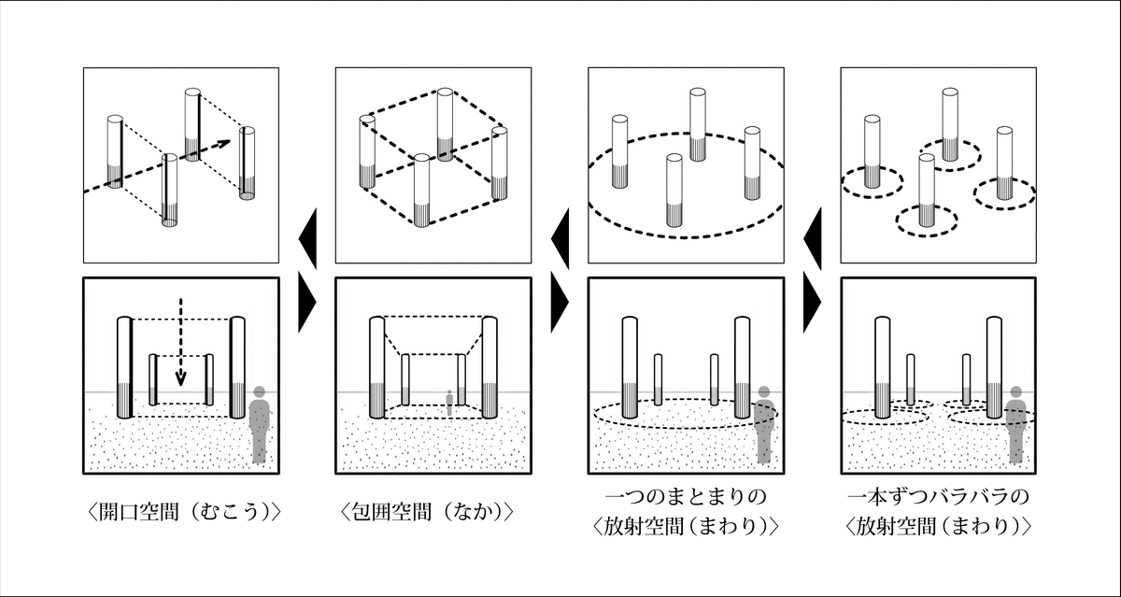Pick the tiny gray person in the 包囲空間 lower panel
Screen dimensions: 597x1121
click(x=449, y=403)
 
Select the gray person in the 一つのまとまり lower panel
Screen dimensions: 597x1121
click(x=765, y=425)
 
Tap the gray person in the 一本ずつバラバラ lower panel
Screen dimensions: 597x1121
click(x=1016, y=425)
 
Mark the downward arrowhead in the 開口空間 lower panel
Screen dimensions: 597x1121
click(x=181, y=379)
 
